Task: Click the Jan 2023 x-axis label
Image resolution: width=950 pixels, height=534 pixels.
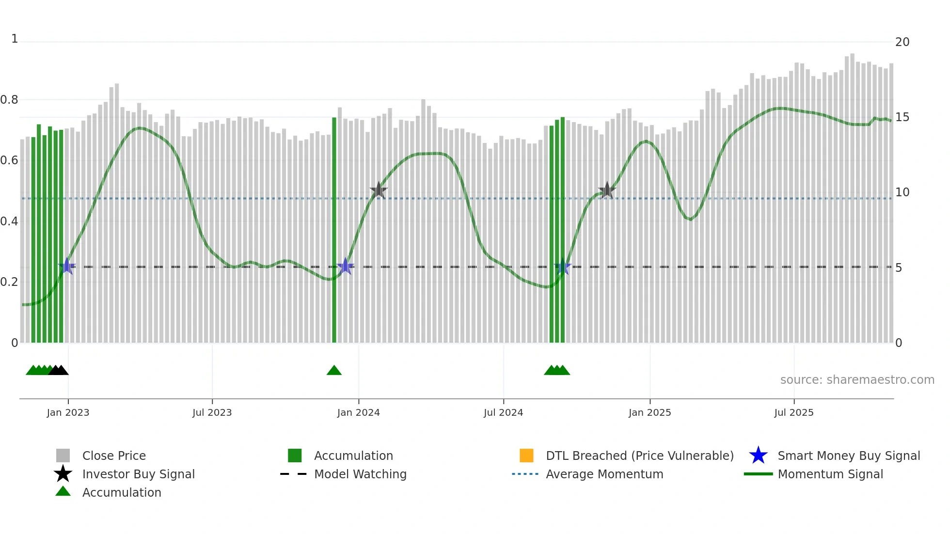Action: pos(68,412)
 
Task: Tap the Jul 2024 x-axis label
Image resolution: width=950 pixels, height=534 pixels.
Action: pos(503,412)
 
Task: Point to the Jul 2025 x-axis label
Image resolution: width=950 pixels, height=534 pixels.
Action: pos(793,412)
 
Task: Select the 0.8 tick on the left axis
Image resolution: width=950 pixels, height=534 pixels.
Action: pos(9,100)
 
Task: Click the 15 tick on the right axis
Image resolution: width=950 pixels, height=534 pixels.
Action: pos(902,117)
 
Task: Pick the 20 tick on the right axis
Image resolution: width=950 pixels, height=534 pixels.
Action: pos(902,42)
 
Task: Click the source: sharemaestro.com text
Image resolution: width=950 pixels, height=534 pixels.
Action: pos(857,379)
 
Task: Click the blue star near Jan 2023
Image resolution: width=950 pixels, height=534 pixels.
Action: pos(67,266)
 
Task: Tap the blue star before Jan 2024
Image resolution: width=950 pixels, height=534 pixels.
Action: pos(345,266)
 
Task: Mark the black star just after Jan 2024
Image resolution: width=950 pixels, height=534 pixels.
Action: pos(379,190)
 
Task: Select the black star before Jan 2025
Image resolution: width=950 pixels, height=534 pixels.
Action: pos(607,190)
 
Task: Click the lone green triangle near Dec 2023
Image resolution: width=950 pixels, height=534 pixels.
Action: pos(334,371)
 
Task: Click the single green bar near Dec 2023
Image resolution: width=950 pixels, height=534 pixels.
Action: pos(334,230)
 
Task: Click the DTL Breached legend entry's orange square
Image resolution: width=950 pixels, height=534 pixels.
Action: pos(526,455)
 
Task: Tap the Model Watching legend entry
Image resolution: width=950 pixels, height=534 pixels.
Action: pos(360,474)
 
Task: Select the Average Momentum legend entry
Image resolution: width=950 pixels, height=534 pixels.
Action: pos(604,474)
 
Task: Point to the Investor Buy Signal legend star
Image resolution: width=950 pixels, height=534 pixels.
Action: pos(63,474)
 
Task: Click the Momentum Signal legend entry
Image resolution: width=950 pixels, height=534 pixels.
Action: pos(830,474)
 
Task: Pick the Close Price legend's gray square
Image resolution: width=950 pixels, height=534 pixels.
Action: pos(63,455)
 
